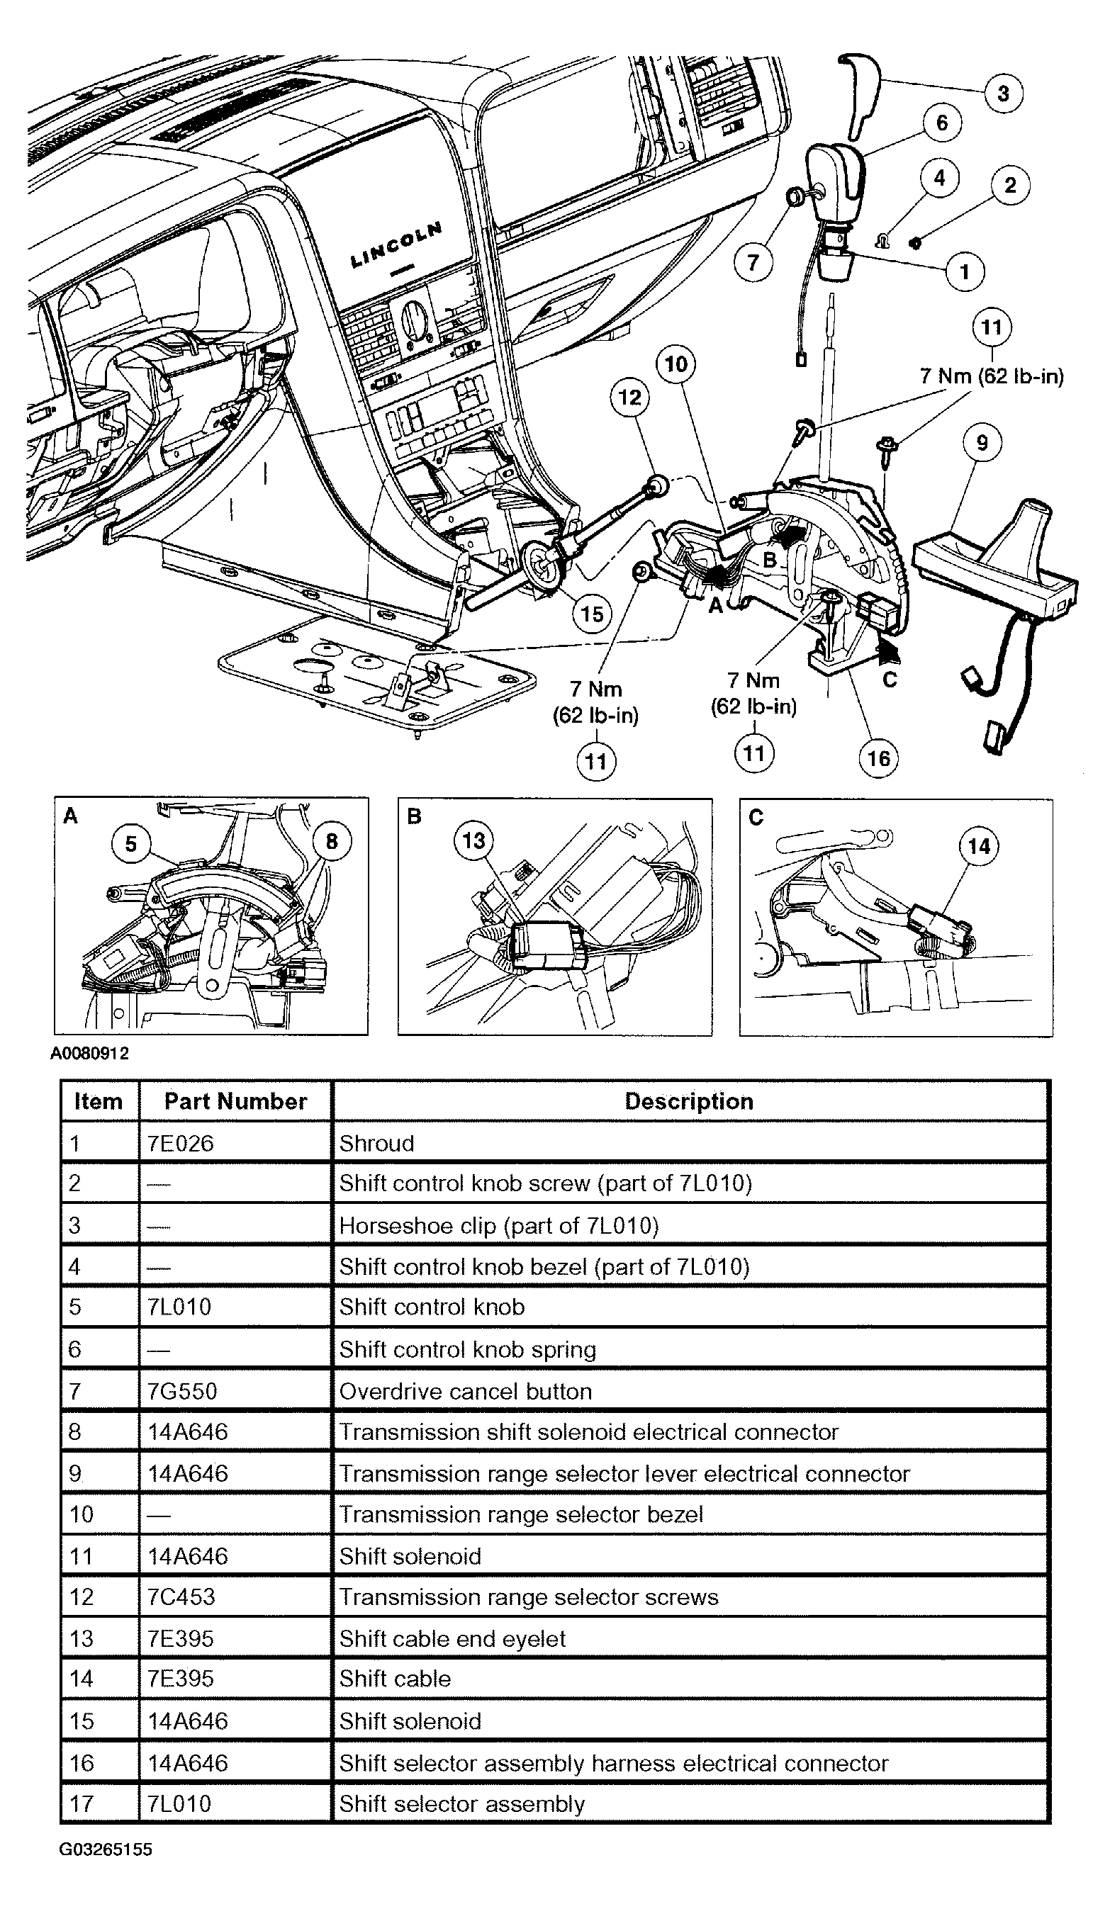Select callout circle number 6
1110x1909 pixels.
942,123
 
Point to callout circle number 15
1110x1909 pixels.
592,614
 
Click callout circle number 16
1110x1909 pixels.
878,758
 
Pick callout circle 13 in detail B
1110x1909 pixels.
473,840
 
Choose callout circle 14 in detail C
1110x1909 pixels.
979,846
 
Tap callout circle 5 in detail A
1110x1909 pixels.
131,844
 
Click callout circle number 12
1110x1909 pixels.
629,398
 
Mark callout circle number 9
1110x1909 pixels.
982,442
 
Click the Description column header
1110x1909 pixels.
689,1101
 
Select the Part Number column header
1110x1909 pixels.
235,1101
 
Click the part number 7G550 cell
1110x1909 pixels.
183,1392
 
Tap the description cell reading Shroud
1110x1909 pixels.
376,1143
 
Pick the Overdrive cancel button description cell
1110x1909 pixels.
465,1392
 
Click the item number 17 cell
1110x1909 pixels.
82,1803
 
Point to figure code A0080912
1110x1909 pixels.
89,1054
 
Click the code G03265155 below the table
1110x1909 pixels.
106,1849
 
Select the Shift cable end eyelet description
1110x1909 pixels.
452,1638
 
